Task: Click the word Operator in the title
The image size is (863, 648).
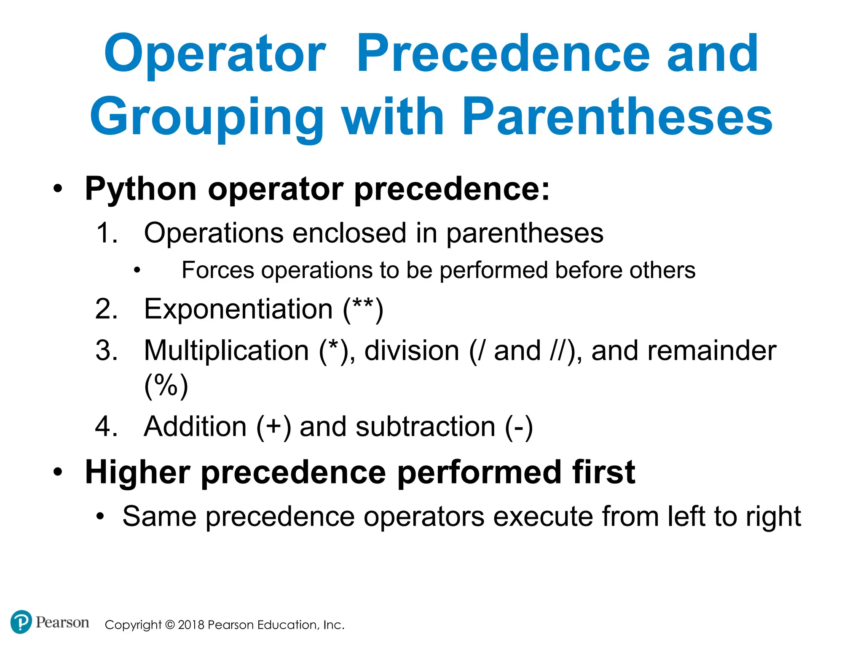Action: point(215,55)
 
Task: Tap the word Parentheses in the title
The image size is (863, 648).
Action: point(617,117)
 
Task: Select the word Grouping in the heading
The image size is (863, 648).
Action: point(206,118)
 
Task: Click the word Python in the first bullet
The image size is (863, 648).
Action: point(141,189)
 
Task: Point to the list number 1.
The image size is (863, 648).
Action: point(105,233)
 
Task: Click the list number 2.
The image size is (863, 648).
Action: point(105,309)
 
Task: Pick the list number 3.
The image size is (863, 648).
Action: point(105,351)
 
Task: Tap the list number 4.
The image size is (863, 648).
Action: point(105,427)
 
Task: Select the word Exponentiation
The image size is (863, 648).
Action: point(239,309)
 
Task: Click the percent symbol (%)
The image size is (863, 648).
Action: point(166,385)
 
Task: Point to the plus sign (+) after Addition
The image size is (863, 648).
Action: point(273,426)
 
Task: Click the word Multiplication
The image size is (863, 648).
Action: point(227,351)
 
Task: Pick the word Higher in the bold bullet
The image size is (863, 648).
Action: point(137,472)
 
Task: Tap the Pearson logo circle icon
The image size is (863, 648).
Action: point(21,622)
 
